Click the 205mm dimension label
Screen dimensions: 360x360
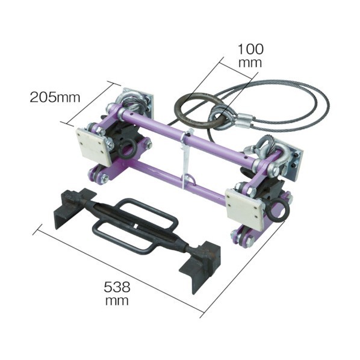(55, 98)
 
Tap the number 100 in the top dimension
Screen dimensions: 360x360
(250, 49)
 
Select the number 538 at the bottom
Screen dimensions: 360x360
(117, 287)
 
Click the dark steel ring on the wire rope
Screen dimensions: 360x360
(198, 110)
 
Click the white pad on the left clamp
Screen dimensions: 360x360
(93, 146)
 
